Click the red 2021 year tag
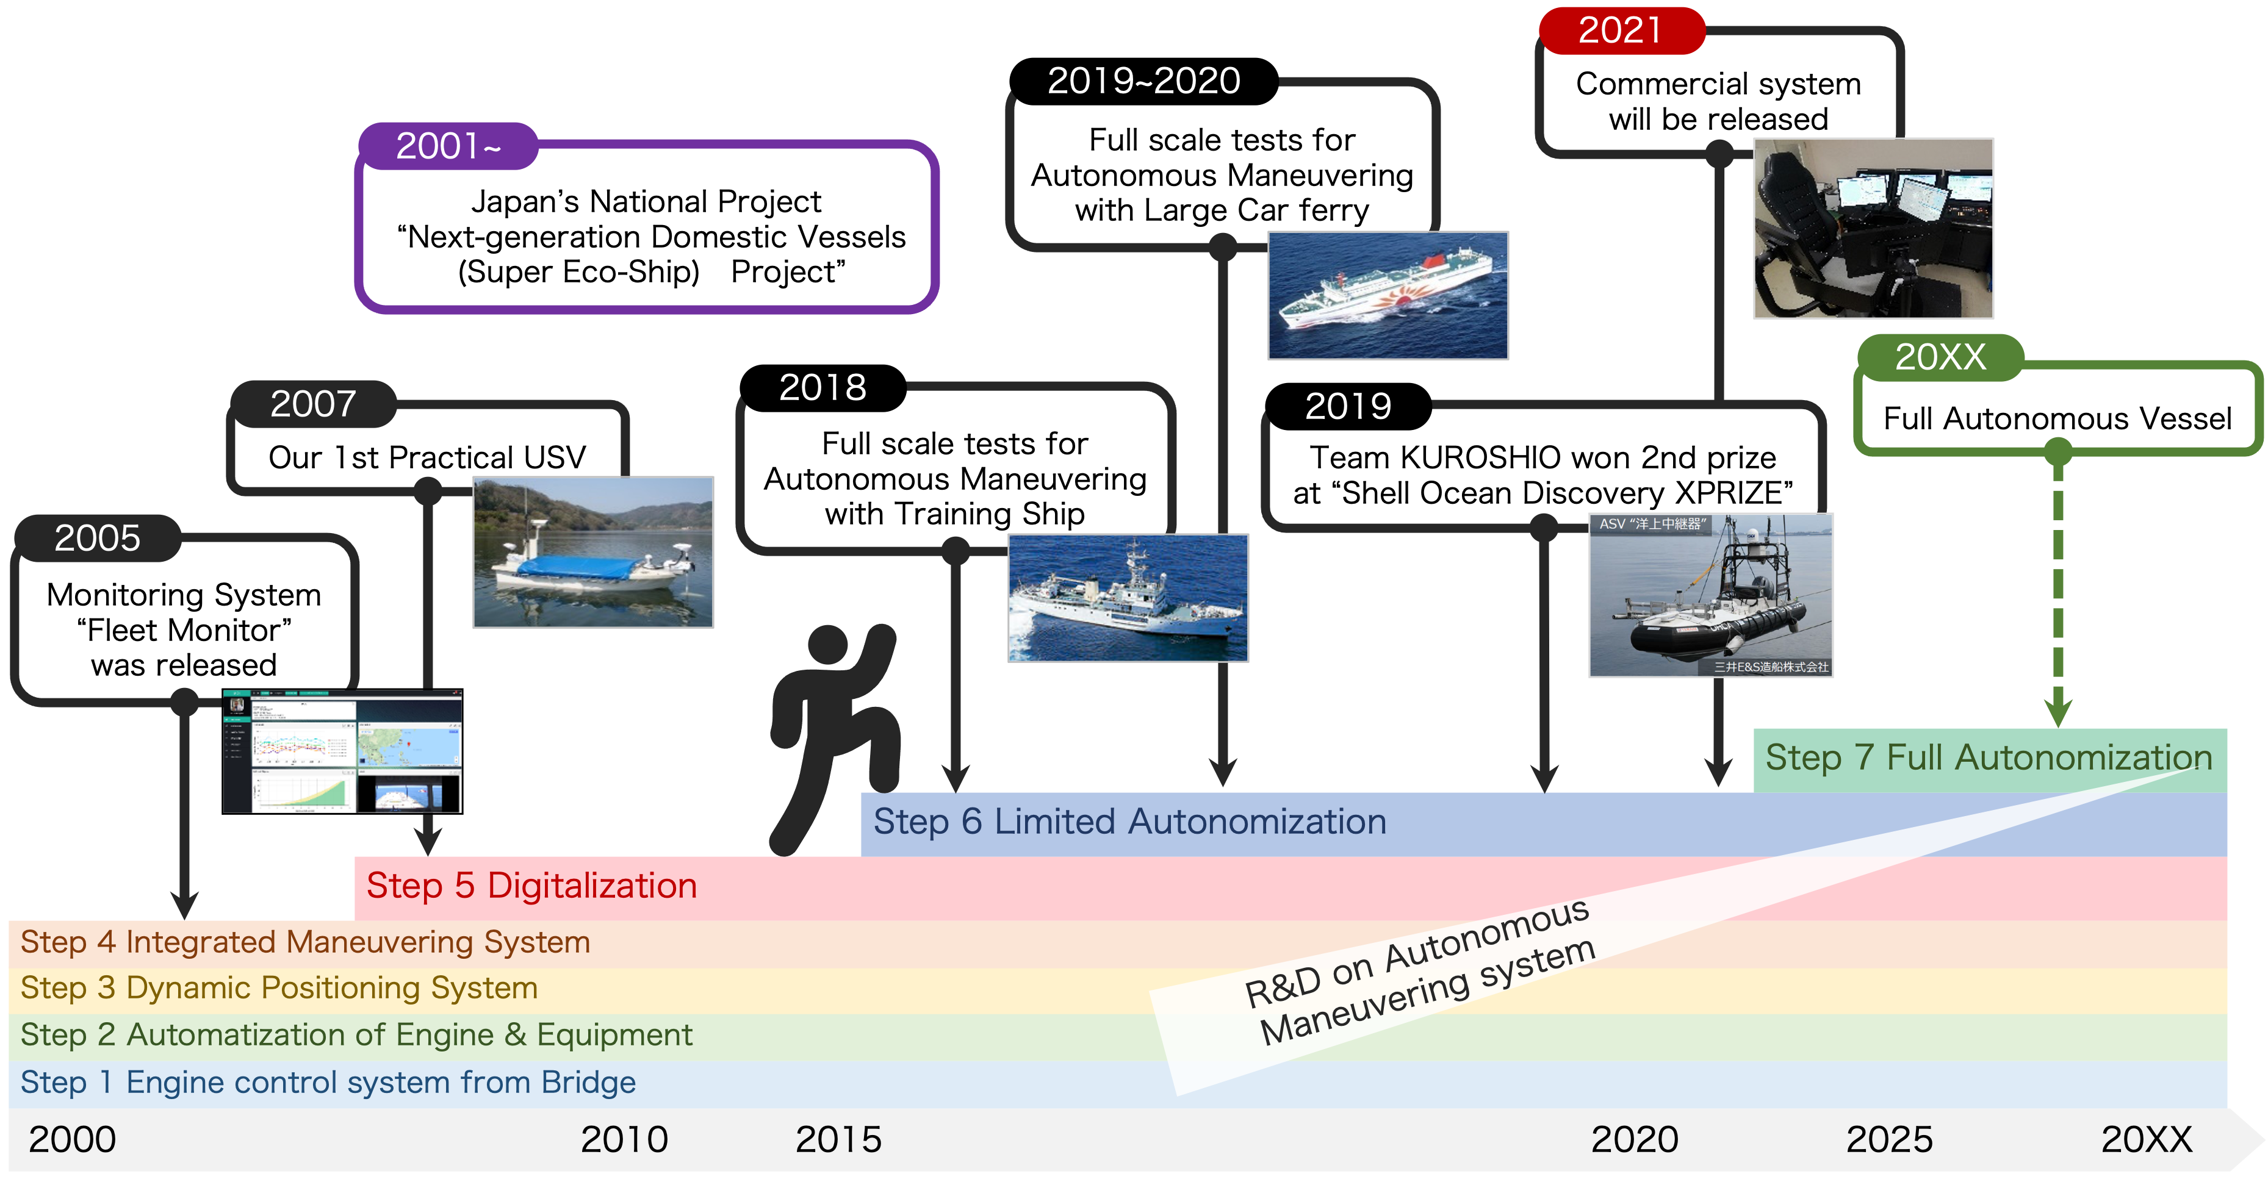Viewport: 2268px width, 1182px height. coord(1621,31)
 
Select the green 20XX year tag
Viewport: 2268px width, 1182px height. coord(1940,357)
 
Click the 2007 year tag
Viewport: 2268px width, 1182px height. coord(314,404)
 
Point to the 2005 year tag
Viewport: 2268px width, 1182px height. coord(98,538)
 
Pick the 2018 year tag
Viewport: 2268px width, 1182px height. coord(823,387)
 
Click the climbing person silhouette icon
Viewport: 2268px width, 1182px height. coord(833,739)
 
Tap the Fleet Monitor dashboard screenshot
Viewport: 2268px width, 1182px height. coord(342,751)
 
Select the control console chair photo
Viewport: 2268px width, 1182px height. coord(1874,228)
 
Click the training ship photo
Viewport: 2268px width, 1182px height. coord(1128,598)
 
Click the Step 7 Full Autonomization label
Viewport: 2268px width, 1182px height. coord(1989,758)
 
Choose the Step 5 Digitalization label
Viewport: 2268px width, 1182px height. coord(532,886)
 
